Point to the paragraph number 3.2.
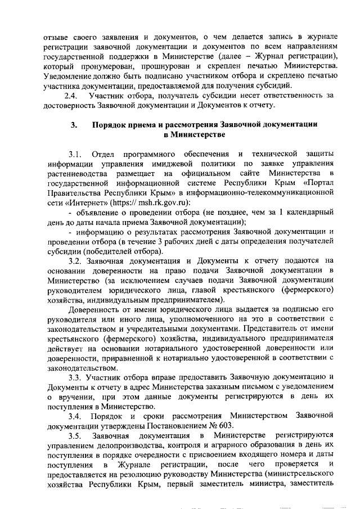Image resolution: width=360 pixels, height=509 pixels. pyautogui.click(x=75, y=260)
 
